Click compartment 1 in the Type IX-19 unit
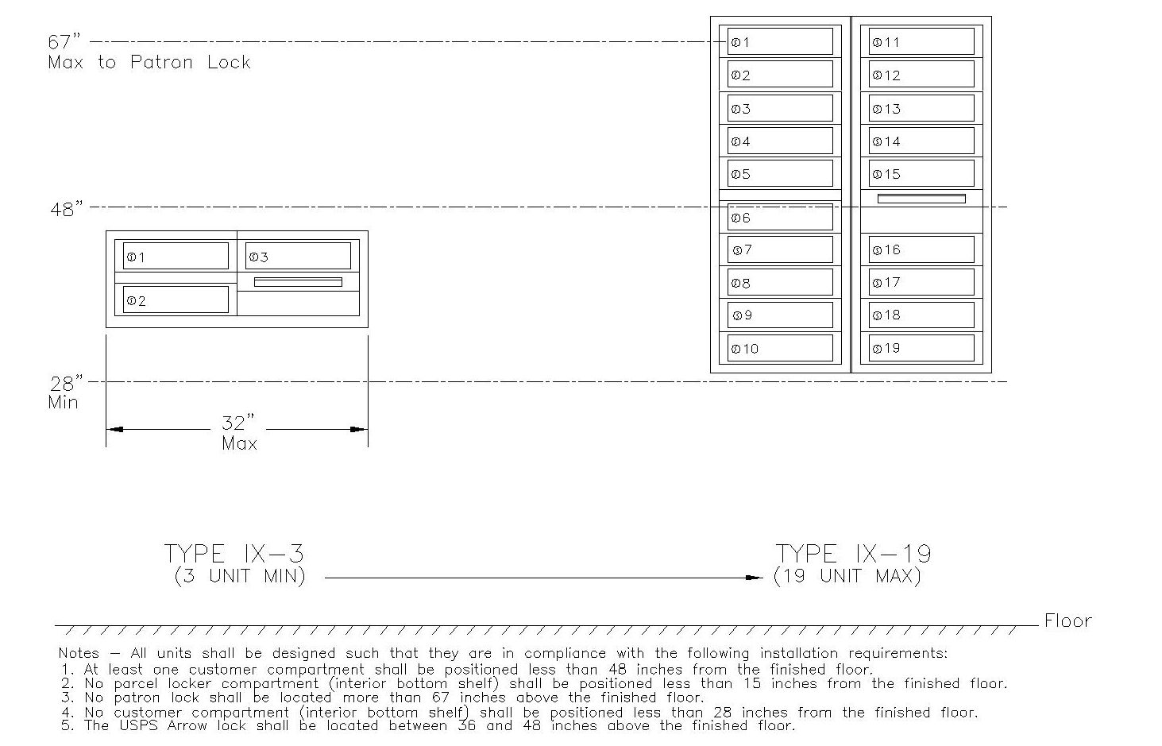[x=780, y=42]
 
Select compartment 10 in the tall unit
[x=780, y=348]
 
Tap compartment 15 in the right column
[x=921, y=174]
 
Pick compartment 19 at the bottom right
[x=921, y=348]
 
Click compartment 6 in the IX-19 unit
[x=780, y=217]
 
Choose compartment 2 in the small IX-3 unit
[x=176, y=300]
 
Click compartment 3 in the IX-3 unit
[x=298, y=257]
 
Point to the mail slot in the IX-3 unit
[x=298, y=282]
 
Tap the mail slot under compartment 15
[x=921, y=199]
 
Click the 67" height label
[x=65, y=42]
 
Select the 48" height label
[x=67, y=210]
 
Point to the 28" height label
[x=67, y=383]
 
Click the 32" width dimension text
[x=238, y=423]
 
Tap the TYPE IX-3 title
[x=234, y=554]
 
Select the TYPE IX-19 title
[x=853, y=554]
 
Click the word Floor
[x=1067, y=621]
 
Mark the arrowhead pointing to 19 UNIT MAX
[x=756, y=578]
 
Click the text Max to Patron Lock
[x=149, y=63]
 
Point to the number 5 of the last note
[x=64, y=725]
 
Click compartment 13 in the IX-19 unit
[x=921, y=109]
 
